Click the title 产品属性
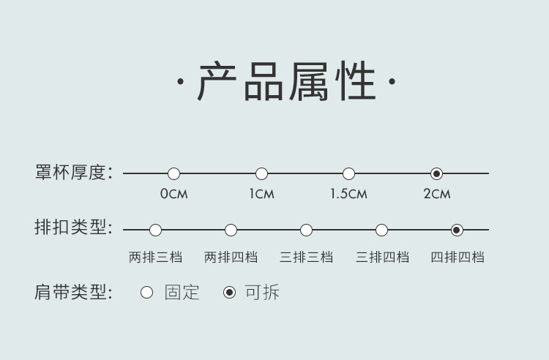[286, 82]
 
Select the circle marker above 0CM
[173, 173]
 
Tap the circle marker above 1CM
[261, 173]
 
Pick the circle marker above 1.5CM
[348, 173]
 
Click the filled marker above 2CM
[436, 173]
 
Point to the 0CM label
[173, 194]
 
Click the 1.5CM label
[348, 194]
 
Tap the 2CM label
[436, 194]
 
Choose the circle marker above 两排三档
[155, 230]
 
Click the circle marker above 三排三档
[306, 230]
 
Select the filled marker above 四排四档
[457, 230]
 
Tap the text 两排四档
[231, 257]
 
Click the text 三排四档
[382, 257]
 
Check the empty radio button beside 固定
[146, 293]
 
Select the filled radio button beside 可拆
[229, 293]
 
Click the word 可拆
[261, 293]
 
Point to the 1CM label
[261, 194]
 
